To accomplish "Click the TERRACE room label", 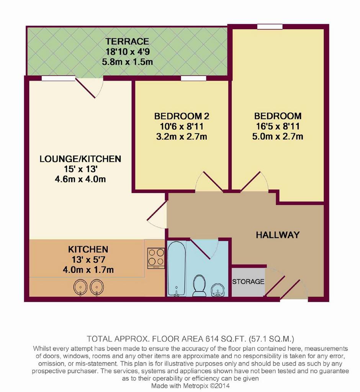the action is [127, 41].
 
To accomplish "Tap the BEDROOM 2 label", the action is [182, 116].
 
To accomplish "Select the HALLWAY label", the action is [278, 235].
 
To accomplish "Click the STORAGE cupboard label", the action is [248, 282].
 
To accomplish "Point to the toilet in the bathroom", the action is [200, 285].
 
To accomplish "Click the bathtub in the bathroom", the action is [177, 268].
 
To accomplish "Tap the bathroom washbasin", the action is [218, 291].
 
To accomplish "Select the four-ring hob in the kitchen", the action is [156, 258].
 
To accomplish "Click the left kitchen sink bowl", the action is [80, 287].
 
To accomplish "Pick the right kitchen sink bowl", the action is [97, 287].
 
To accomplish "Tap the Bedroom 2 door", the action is [209, 181].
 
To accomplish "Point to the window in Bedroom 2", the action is [193, 78].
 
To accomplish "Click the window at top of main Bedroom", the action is [270, 26].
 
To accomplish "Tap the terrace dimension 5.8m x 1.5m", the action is [127, 62].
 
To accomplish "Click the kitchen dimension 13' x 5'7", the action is [88, 260].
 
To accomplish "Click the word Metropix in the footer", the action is [196, 386].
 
